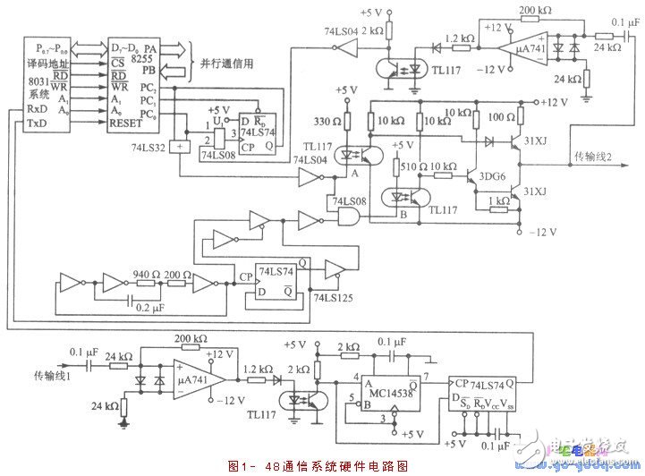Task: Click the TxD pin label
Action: point(37,122)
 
